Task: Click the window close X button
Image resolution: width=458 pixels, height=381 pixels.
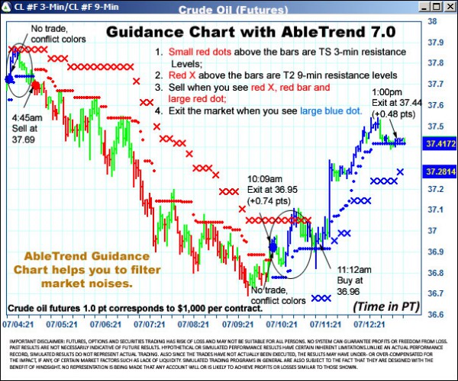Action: pos(451,7)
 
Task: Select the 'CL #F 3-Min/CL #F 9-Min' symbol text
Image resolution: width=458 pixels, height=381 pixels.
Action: pos(57,7)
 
